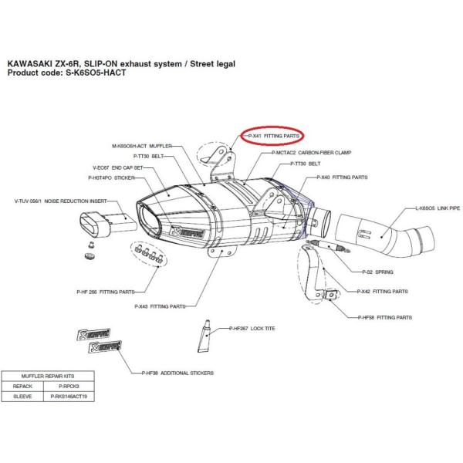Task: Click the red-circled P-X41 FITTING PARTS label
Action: tap(273, 136)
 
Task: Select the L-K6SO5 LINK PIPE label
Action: tap(438, 208)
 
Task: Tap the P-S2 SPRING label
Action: tap(378, 272)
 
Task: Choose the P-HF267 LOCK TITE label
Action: tap(253, 329)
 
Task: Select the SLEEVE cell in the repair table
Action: tap(22, 396)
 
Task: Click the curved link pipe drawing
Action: tap(387, 232)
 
